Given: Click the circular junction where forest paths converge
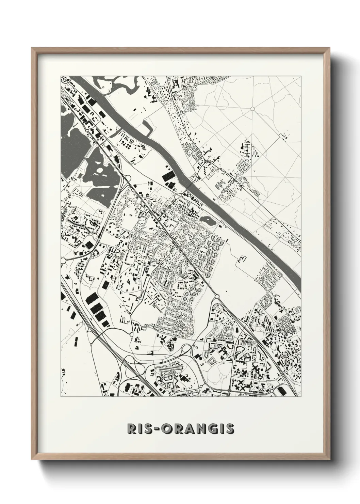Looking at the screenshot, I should point(252,109).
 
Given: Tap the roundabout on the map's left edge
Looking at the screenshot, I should point(63,261).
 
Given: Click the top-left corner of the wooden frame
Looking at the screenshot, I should point(32,49).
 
